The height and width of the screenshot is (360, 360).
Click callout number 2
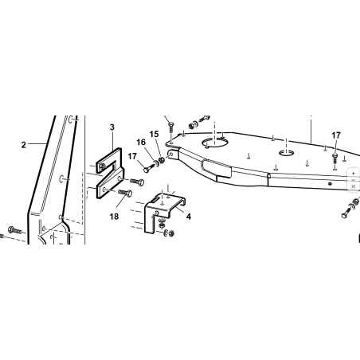[24, 145]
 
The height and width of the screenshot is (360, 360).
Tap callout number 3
[112, 127]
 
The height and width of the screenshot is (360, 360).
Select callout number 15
[154, 135]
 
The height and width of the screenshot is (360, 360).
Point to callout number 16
[141, 143]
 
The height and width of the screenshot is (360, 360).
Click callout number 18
[114, 217]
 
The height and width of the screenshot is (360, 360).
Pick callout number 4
[189, 217]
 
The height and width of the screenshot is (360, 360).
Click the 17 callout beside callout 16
[132, 157]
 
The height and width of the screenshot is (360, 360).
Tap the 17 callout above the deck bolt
[336, 135]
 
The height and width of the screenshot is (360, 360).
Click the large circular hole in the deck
[214, 143]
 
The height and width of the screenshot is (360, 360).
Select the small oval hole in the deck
[286, 153]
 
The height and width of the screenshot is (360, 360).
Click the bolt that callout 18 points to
[125, 193]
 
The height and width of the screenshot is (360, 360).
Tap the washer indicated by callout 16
[156, 162]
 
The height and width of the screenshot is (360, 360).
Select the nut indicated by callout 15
[161, 160]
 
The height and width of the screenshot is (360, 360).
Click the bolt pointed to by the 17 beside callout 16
[149, 168]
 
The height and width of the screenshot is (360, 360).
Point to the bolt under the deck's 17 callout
[335, 158]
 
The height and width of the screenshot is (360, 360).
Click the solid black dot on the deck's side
[330, 184]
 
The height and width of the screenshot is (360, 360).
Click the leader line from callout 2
[37, 143]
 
